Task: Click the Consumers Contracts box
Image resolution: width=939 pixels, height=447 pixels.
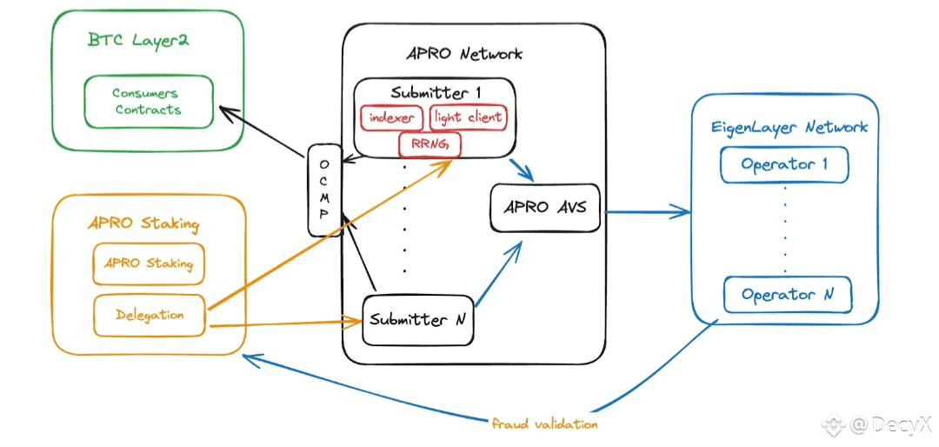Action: [147, 102]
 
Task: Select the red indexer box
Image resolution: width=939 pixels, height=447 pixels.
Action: [391, 117]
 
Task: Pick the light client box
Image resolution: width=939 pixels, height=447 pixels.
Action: [468, 117]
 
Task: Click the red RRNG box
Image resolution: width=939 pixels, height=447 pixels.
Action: [430, 143]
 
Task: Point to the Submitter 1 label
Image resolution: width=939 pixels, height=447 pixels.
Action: [436, 91]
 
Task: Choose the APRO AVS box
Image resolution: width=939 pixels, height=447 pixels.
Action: [545, 208]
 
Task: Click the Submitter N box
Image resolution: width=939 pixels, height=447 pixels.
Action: [418, 319]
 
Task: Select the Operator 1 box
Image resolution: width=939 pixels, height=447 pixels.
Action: [784, 164]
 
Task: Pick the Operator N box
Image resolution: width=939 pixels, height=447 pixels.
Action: [788, 295]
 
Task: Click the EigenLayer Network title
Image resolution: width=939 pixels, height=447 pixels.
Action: [788, 128]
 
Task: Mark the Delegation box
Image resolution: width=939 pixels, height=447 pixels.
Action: [150, 315]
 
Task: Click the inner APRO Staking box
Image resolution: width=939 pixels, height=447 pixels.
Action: [148, 264]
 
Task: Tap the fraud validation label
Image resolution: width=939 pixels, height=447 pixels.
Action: [544, 424]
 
